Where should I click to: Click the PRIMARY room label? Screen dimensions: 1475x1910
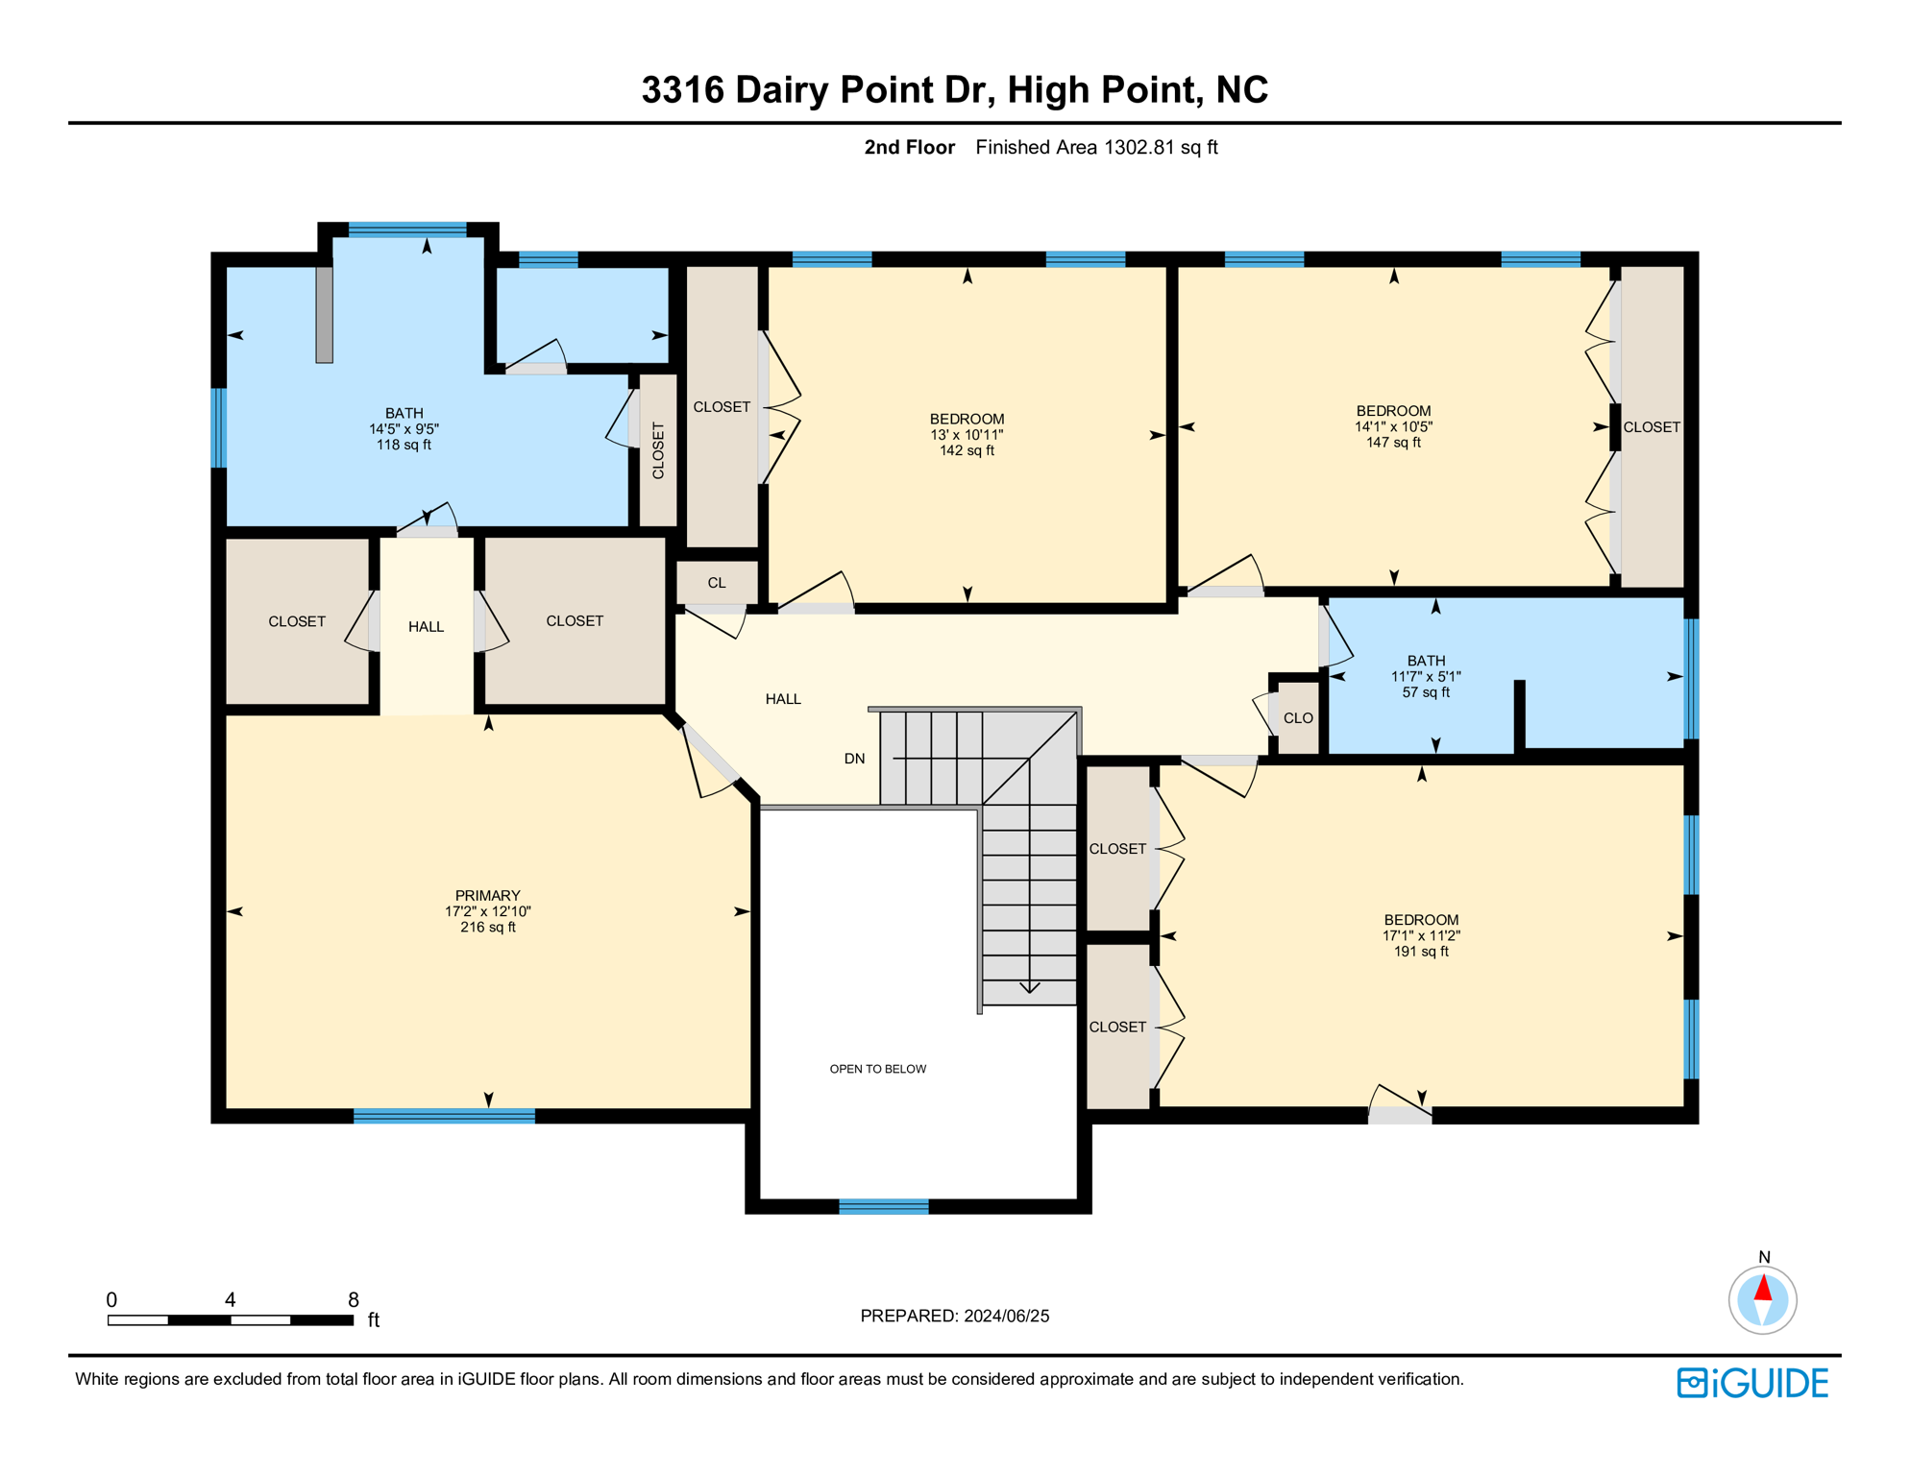coord(487,895)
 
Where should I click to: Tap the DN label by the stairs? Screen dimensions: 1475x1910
coord(854,759)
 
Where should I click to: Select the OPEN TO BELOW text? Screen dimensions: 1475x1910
coord(877,1069)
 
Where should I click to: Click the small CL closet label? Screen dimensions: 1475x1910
coord(717,583)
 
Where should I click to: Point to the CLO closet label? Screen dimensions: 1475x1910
coord(1298,718)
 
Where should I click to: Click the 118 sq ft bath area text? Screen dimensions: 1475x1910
coord(404,445)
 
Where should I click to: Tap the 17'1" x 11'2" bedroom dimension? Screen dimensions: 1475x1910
coord(1421,935)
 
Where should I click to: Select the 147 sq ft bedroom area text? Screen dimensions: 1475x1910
coord(1393,443)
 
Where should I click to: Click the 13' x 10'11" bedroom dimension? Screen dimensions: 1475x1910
coord(967,435)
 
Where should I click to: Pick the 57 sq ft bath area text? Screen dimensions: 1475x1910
coord(1426,692)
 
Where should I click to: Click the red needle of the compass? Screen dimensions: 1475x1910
coord(1763,1288)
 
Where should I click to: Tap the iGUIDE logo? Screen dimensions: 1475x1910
coord(1752,1383)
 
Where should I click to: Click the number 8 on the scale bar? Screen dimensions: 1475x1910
coord(354,1299)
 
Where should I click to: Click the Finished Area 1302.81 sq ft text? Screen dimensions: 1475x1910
coord(1096,147)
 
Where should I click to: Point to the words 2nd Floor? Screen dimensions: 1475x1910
coord(909,147)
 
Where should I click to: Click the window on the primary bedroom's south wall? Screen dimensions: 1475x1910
coord(444,1116)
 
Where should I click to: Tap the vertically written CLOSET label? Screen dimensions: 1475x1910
coord(658,450)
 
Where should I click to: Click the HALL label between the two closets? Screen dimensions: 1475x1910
coord(426,627)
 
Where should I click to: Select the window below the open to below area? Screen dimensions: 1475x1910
coord(884,1207)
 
